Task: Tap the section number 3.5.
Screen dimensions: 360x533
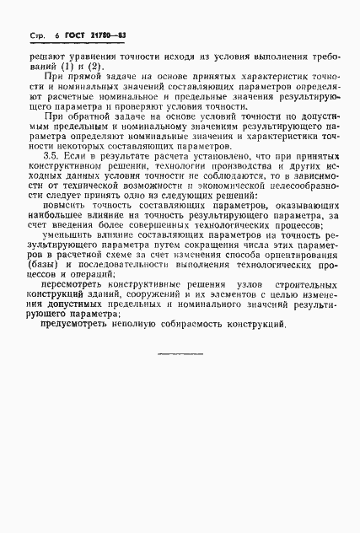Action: tap(51, 156)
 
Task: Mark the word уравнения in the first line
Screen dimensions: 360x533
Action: tap(96, 53)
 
